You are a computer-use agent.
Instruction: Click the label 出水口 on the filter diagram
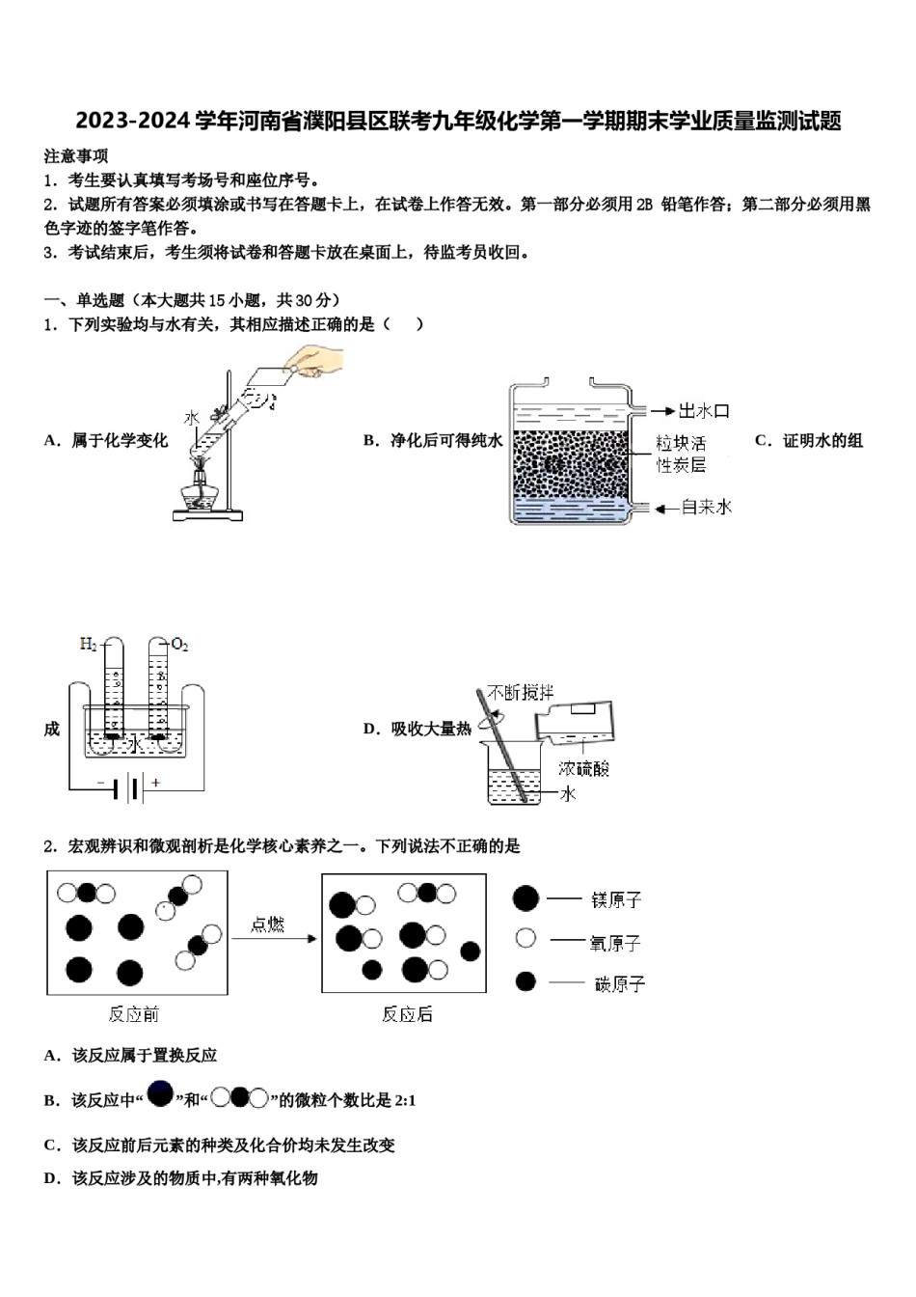point(703,411)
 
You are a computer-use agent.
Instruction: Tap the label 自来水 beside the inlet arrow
point(706,507)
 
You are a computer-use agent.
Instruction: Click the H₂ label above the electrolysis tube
point(89,644)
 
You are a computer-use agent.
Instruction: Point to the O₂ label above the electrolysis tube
point(179,644)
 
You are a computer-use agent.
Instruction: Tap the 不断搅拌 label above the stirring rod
point(520,692)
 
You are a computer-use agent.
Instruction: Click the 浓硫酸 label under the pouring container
point(583,768)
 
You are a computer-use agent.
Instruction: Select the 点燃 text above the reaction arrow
point(267,924)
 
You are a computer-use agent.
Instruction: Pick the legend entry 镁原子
point(615,899)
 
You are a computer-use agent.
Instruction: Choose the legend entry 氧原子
point(614,942)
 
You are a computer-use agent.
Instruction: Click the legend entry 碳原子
point(618,983)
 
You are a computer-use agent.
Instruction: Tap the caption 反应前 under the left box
point(133,1014)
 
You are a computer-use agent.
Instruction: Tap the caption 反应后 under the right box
point(407,1014)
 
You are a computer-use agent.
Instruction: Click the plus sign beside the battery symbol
point(155,783)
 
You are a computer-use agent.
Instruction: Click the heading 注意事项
point(76,156)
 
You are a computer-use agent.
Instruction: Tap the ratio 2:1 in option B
point(404,1100)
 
